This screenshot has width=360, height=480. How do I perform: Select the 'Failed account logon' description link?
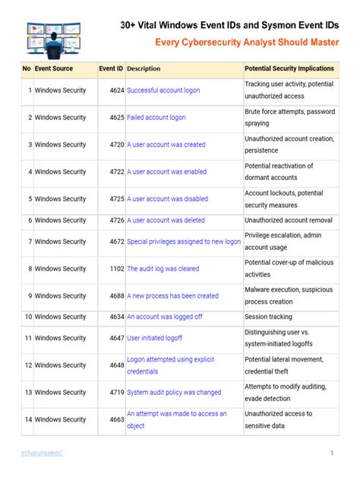156,118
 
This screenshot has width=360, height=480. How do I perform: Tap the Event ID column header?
111,68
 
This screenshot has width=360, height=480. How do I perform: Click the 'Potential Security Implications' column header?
289,68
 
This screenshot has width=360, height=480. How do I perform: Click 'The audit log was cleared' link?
163,269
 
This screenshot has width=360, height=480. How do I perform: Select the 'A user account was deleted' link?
166,220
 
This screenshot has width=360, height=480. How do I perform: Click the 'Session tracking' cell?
268,317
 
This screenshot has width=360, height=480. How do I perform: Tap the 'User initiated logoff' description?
154,338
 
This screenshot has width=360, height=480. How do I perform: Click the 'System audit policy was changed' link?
174,393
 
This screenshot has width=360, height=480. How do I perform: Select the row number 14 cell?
27,419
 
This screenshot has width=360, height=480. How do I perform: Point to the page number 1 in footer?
332,453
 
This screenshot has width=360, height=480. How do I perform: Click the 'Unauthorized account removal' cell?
288,220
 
